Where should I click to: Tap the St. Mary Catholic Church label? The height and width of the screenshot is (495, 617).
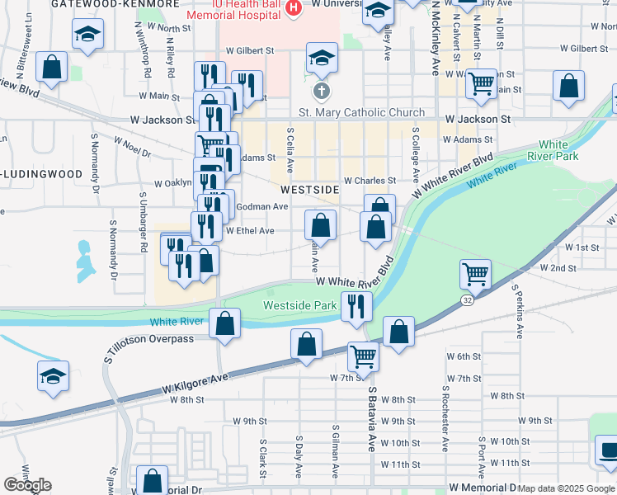coord(361,113)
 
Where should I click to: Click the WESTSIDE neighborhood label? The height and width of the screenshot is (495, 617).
coord(315,190)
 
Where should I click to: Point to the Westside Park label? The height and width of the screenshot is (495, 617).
coord(299,306)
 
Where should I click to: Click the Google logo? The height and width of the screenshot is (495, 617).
coord(27,485)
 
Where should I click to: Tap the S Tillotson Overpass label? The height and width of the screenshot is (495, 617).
coord(149,339)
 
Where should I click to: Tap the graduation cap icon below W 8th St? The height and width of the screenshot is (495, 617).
coord(53,375)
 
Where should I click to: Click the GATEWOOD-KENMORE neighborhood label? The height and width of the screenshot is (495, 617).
coord(115,4)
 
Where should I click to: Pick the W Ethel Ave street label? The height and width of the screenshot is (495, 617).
coord(249,231)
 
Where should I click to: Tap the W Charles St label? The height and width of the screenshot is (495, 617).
coord(370,180)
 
